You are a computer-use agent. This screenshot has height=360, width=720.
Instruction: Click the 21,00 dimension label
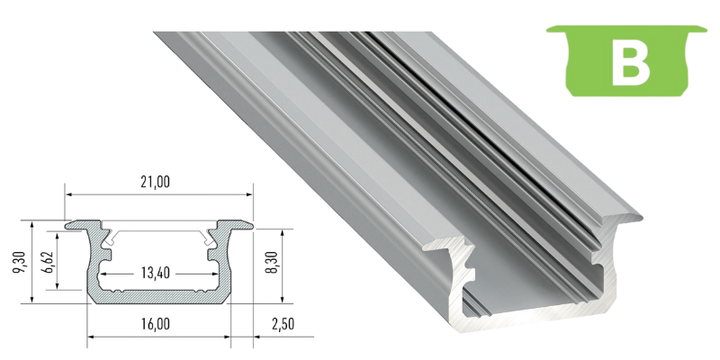(155, 183)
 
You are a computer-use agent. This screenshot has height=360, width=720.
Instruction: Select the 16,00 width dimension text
(155, 324)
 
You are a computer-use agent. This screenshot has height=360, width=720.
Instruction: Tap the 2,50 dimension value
(281, 324)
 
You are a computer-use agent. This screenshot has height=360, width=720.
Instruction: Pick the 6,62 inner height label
(50, 263)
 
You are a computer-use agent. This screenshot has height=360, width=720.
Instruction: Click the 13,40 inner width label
(155, 274)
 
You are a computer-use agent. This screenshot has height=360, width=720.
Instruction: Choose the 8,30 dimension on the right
(272, 263)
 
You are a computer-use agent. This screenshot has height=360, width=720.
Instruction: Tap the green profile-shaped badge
(626, 60)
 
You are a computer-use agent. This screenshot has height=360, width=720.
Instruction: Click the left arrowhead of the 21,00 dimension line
(68, 194)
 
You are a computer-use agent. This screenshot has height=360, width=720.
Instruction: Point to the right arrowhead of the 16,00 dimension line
(227, 337)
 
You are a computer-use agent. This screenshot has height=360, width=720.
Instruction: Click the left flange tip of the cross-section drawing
(67, 226)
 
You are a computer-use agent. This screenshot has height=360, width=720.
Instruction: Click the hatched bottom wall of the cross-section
(158, 297)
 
